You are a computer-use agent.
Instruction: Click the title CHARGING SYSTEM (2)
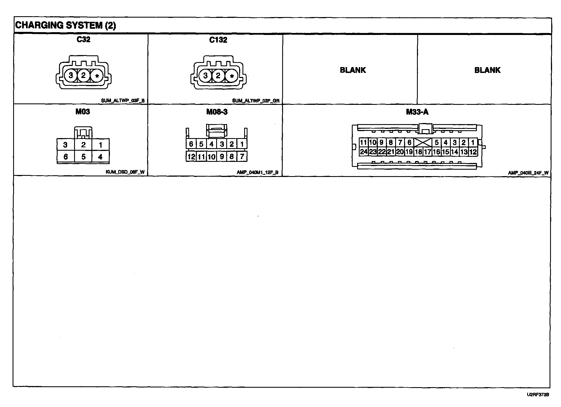pos(65,25)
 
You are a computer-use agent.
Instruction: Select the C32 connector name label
pos(83,39)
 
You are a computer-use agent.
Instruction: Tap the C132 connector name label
pos(218,40)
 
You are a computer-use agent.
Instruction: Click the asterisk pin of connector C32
pos(97,76)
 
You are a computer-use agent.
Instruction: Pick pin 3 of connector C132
pos(205,76)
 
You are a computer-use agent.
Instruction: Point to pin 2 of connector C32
pos(83,75)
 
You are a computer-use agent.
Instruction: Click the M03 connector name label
pos(83,112)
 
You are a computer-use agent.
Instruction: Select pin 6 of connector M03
pos(65,157)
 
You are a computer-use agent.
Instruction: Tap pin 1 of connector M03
pos(100,145)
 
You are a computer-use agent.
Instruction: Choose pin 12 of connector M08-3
pos(191,157)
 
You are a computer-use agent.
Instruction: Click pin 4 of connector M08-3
pos(211,144)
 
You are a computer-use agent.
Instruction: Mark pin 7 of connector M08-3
pos(242,157)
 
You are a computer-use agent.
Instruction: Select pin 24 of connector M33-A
pos(363,152)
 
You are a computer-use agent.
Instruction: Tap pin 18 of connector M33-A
pos(418,152)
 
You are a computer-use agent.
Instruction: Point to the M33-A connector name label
pos(417,112)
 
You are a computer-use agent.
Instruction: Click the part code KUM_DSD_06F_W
pos(125,172)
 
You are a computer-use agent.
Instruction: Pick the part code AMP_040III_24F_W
pos(528,173)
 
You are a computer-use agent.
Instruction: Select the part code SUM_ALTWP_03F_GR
pos(256,101)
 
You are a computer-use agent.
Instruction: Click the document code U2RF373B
pos(538,395)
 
